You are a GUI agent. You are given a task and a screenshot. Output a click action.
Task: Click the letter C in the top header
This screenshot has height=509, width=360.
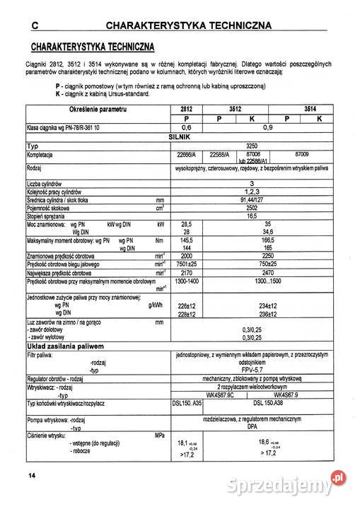[x=33, y=26]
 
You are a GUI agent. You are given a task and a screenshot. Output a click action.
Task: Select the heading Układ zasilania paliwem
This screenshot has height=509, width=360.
[x=65, y=346]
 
